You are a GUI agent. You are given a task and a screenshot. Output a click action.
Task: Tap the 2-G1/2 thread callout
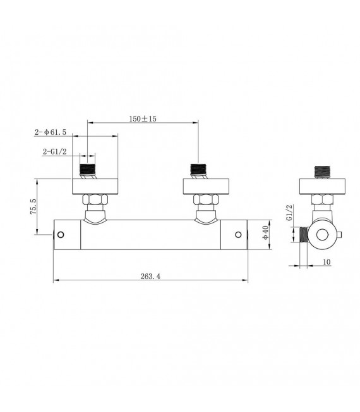click(56, 152)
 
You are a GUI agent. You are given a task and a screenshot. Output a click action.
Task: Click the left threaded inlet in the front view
click(88, 171)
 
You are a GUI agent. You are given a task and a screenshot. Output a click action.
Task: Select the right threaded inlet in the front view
click(200, 171)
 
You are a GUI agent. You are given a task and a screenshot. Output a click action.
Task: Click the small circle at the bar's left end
click(61, 235)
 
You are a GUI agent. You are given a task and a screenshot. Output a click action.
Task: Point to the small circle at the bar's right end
click(239, 235)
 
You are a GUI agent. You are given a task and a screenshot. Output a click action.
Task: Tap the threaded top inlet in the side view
click(322, 171)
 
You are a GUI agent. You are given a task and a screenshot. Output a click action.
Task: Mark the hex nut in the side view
click(322, 200)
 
